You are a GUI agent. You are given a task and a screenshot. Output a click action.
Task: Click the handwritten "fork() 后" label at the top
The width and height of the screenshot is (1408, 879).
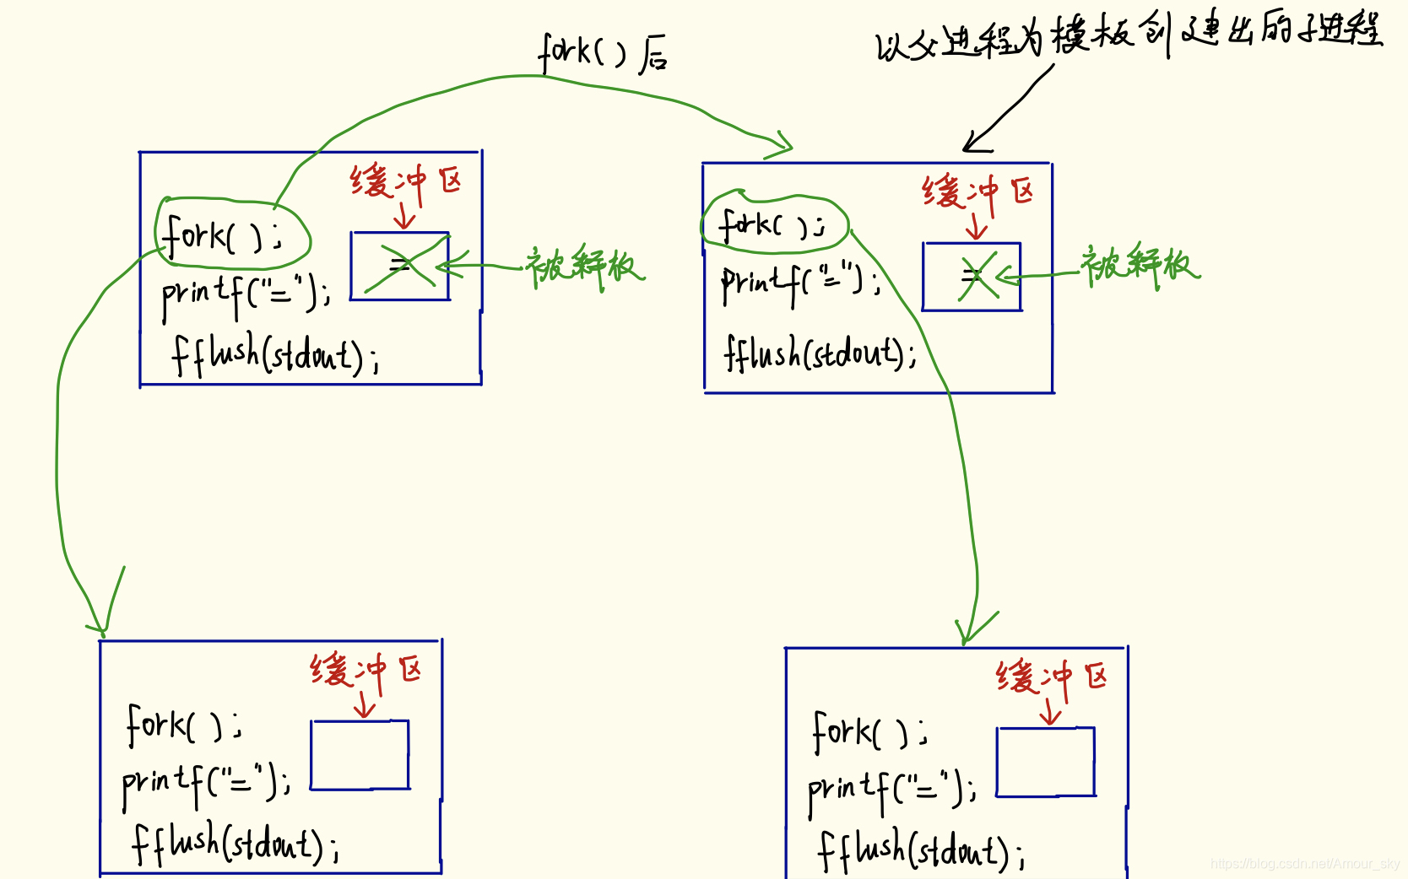tap(603, 52)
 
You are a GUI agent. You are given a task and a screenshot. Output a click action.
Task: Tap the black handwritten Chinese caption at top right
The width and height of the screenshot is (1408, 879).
tap(1129, 36)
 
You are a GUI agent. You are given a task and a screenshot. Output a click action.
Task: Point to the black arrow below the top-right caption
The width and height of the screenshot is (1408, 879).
tap(1009, 110)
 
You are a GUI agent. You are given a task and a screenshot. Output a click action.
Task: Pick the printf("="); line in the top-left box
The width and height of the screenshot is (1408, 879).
tap(246, 294)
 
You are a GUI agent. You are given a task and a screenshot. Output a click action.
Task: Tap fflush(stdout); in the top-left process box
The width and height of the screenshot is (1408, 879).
tap(275, 355)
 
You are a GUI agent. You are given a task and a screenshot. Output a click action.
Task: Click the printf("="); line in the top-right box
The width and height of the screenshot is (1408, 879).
tap(800, 283)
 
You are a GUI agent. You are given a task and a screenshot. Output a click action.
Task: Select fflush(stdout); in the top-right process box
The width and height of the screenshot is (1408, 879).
tap(820, 353)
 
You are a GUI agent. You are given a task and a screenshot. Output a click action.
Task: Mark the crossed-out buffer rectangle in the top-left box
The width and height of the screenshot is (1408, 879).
tap(400, 266)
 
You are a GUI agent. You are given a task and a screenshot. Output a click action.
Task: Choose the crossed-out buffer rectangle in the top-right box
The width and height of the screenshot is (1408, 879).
tap(972, 277)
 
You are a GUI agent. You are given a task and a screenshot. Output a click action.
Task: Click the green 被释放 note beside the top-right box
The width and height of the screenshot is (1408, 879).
tap(1139, 265)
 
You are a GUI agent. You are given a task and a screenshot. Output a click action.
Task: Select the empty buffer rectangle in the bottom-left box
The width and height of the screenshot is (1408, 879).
tap(360, 755)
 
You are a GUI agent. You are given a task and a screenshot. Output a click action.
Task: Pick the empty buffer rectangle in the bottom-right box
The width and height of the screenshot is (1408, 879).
tap(1046, 762)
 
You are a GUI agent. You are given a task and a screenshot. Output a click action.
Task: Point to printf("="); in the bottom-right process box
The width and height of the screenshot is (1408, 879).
tap(891, 790)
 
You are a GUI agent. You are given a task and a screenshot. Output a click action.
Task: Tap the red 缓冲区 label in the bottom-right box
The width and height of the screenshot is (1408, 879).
tap(1051, 677)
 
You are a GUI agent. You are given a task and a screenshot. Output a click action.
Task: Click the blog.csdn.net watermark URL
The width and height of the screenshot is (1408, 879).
tap(1305, 864)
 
